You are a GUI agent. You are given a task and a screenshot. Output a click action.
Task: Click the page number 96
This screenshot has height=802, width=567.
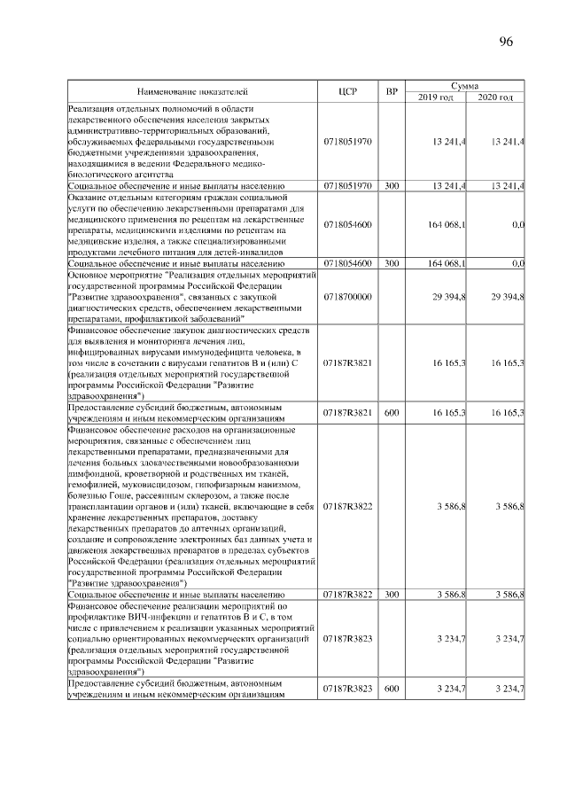(x=507, y=43)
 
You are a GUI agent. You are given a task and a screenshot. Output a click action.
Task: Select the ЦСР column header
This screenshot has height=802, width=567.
(x=347, y=91)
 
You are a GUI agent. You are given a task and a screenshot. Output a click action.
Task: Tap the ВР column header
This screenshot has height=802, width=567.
(x=392, y=91)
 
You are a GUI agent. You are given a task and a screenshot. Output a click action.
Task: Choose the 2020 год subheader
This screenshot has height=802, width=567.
(x=495, y=97)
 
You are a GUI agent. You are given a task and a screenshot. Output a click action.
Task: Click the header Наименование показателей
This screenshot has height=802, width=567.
(x=192, y=91)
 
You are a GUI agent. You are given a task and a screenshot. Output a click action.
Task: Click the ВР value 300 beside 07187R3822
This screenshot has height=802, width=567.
(x=392, y=594)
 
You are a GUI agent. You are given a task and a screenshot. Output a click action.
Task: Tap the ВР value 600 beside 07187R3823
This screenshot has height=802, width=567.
(x=392, y=689)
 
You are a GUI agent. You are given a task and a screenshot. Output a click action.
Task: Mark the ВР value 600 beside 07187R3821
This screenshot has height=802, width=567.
(x=392, y=412)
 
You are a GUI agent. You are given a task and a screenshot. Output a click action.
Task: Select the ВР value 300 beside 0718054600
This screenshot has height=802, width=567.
(x=392, y=263)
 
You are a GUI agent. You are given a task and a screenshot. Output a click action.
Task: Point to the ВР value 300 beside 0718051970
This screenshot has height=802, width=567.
(x=392, y=185)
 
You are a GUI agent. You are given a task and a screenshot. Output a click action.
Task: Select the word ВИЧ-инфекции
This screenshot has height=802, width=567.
(x=145, y=615)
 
